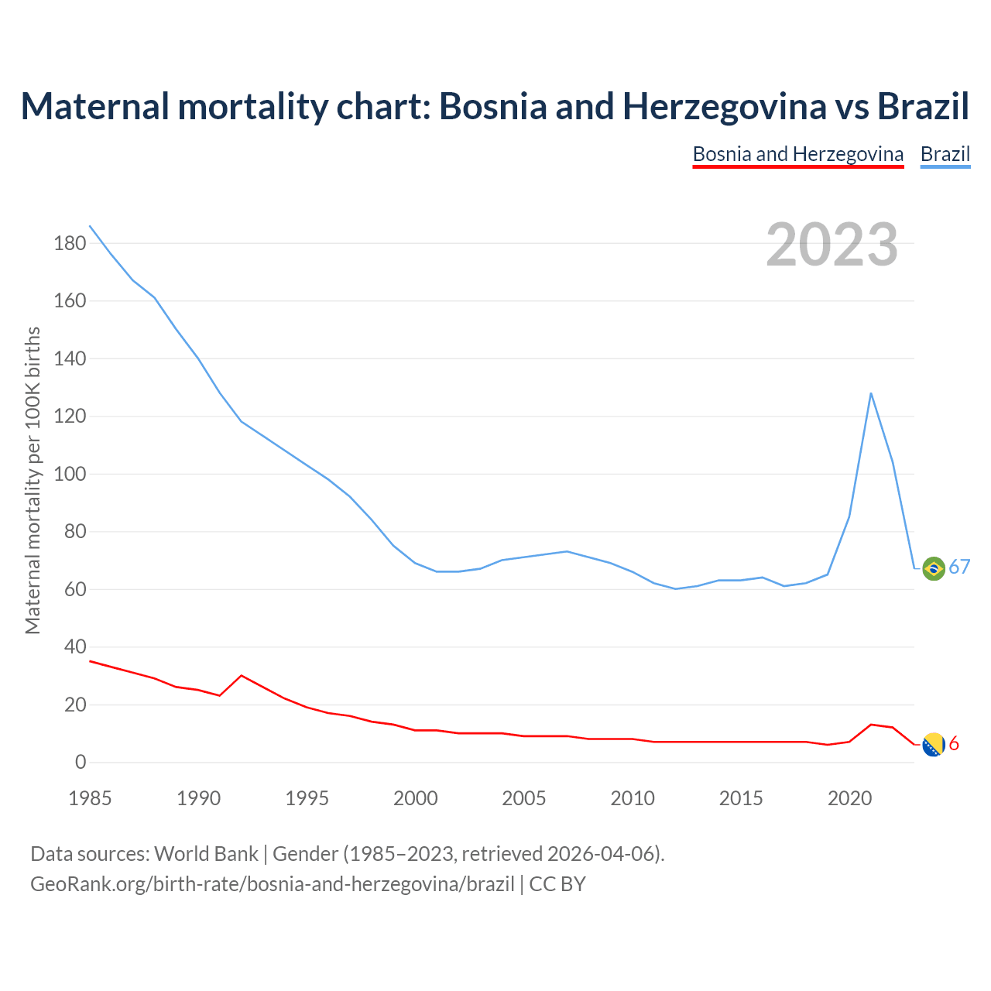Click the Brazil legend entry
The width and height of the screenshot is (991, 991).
coord(945,154)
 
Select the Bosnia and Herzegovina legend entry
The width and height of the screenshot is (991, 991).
coord(797,154)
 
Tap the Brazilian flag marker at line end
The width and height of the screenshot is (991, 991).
coord(934,568)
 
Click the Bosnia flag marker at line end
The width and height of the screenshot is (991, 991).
coord(934,745)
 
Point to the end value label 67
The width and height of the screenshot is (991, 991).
coord(959,568)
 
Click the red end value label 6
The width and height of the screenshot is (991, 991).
coord(954,744)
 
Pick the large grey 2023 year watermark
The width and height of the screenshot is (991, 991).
coord(832,245)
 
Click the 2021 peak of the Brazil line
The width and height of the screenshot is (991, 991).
coord(871,393)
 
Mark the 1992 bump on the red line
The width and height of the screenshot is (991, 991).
coord(242,676)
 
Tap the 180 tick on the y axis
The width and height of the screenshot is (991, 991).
coord(70,244)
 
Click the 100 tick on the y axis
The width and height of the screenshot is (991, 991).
coord(70,474)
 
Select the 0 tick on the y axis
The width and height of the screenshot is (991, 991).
coord(81,763)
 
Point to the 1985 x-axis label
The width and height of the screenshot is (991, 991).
coord(90,798)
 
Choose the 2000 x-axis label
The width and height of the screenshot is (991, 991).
coord(415,798)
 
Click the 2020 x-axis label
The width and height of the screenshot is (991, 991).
coord(849,798)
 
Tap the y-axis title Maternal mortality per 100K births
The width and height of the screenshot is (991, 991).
coord(33,480)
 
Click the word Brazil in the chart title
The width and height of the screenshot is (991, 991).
coord(923,106)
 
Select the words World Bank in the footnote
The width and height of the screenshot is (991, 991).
coord(206,854)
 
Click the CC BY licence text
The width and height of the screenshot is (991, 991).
coord(557,884)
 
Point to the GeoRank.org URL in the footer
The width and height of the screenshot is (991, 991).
coord(272,884)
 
